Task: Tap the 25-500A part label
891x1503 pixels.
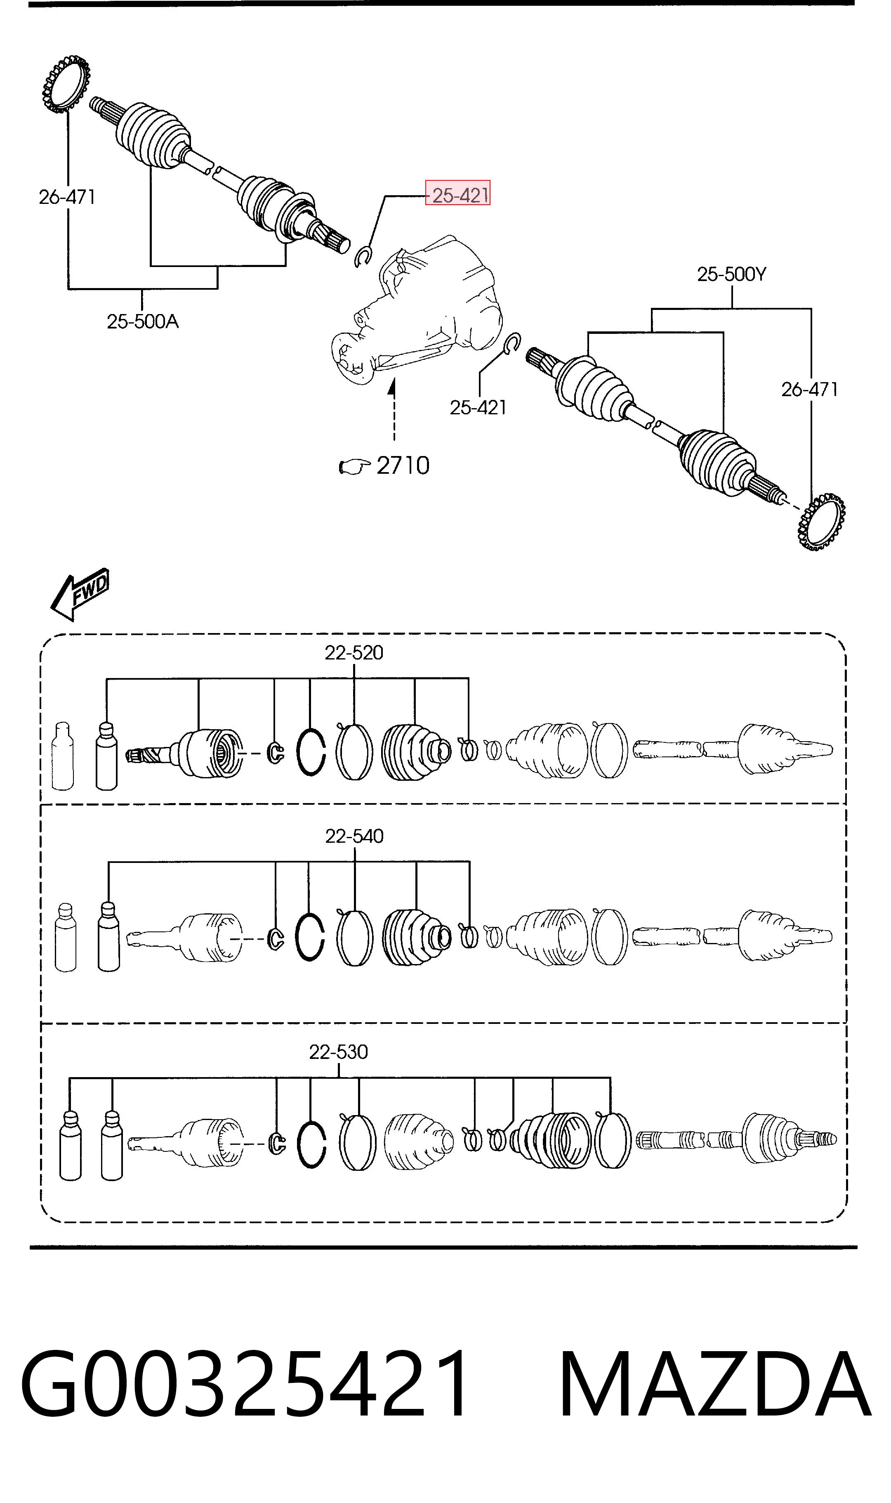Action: coord(143,322)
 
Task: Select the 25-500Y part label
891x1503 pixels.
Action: coord(731,274)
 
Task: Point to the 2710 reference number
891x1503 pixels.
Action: coord(403,466)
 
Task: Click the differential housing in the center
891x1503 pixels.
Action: coord(417,309)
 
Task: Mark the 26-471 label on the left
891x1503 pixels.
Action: coord(67,197)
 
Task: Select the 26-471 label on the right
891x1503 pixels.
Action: coord(809,390)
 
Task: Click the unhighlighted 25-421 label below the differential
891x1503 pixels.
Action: coord(478,408)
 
